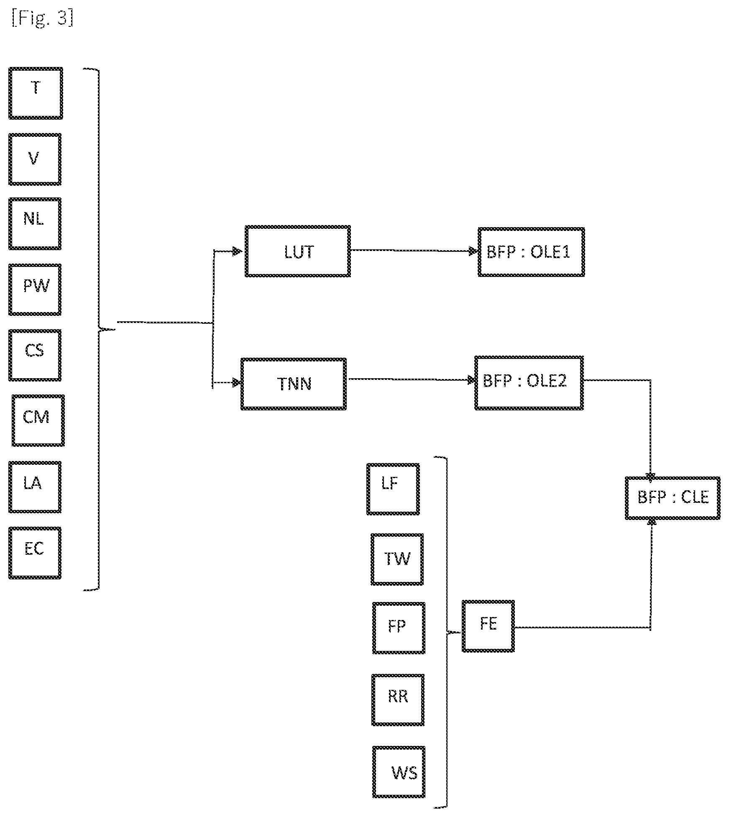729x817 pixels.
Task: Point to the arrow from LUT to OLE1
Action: (414, 251)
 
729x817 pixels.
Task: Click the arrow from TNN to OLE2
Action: (412, 379)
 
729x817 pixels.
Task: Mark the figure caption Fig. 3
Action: (43, 19)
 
